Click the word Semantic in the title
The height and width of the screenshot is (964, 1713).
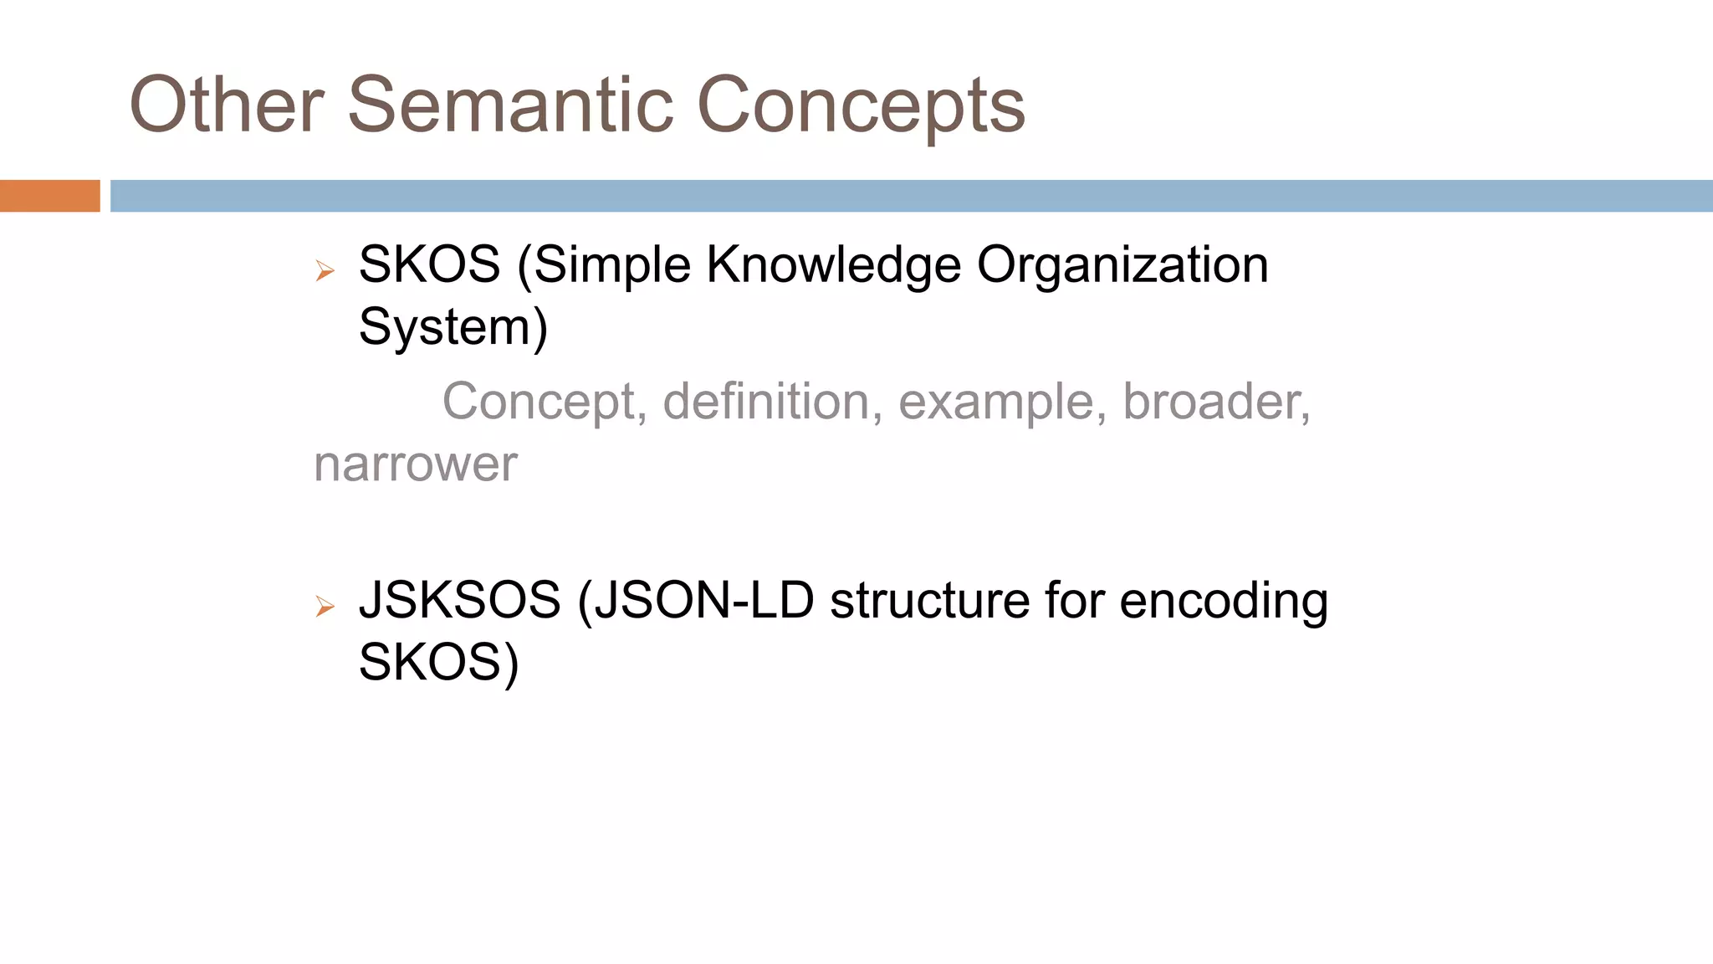[510, 105]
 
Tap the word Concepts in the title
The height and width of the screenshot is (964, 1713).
[861, 107]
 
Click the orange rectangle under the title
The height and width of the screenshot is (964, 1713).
[49, 196]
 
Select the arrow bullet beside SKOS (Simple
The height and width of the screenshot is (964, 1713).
[325, 270]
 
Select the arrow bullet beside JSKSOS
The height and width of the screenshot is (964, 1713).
[325, 606]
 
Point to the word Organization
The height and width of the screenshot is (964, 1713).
[1122, 266]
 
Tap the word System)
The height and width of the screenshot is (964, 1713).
[453, 327]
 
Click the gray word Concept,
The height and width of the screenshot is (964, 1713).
[545, 403]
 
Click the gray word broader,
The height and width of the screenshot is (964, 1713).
[1216, 403]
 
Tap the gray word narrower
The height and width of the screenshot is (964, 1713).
[416, 465]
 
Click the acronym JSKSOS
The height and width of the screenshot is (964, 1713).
[459, 601]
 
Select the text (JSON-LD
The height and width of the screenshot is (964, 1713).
[695, 601]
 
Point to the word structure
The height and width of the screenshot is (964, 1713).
[929, 601]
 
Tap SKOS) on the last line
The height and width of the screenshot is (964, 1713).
[438, 663]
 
